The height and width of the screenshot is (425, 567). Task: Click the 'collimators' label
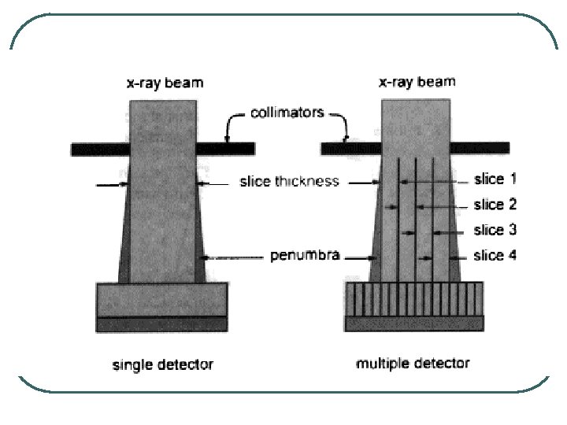287,113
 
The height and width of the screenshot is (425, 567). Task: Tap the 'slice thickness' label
289,182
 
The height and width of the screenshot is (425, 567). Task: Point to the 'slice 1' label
495,179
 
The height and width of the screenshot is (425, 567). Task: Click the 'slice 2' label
495,205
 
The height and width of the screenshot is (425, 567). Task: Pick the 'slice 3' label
495,230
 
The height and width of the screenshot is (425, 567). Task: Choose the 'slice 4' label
495,255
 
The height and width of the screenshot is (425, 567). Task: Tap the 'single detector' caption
163,364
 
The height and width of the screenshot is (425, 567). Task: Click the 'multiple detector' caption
413,363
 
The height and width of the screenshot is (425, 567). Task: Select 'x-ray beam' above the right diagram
417,81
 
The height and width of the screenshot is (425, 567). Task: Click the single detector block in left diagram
162,299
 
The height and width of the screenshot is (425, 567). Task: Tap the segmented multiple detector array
414,300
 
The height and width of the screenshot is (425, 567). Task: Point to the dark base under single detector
162,323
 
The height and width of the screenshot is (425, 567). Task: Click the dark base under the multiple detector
414,323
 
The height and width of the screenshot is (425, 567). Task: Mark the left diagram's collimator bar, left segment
98,149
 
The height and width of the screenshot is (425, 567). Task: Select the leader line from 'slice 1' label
441,180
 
